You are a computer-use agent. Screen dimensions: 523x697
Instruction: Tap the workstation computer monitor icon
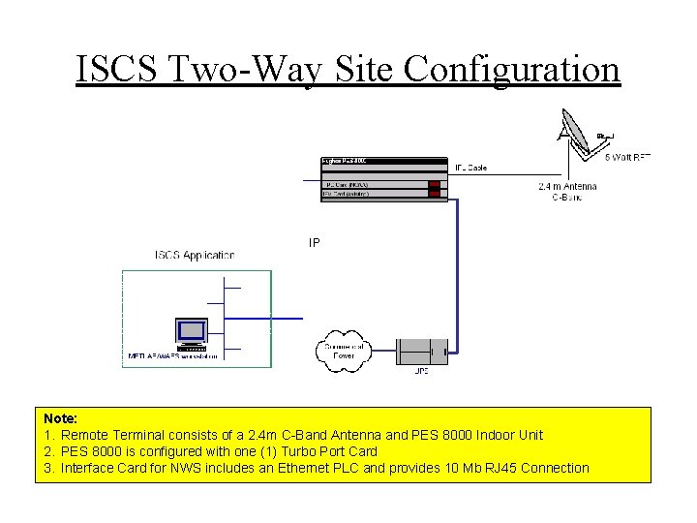tap(190, 331)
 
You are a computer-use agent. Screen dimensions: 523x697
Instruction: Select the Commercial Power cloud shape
tap(344, 351)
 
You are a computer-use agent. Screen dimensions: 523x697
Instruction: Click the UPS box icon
tap(421, 351)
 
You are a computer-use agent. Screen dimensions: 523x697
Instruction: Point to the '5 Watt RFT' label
tap(627, 156)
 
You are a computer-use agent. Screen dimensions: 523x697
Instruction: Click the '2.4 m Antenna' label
tap(567, 186)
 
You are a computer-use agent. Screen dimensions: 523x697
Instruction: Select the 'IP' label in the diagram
tap(314, 242)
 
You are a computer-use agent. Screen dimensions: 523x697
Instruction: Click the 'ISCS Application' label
tap(195, 255)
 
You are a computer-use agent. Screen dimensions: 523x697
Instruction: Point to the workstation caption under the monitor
tap(174, 355)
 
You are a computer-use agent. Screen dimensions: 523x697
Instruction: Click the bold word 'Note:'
tap(61, 418)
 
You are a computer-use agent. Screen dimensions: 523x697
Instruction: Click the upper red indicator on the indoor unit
tap(434, 184)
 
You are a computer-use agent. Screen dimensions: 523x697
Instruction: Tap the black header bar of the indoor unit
tap(381, 160)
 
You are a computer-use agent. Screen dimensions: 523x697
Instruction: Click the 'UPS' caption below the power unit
tap(422, 371)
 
